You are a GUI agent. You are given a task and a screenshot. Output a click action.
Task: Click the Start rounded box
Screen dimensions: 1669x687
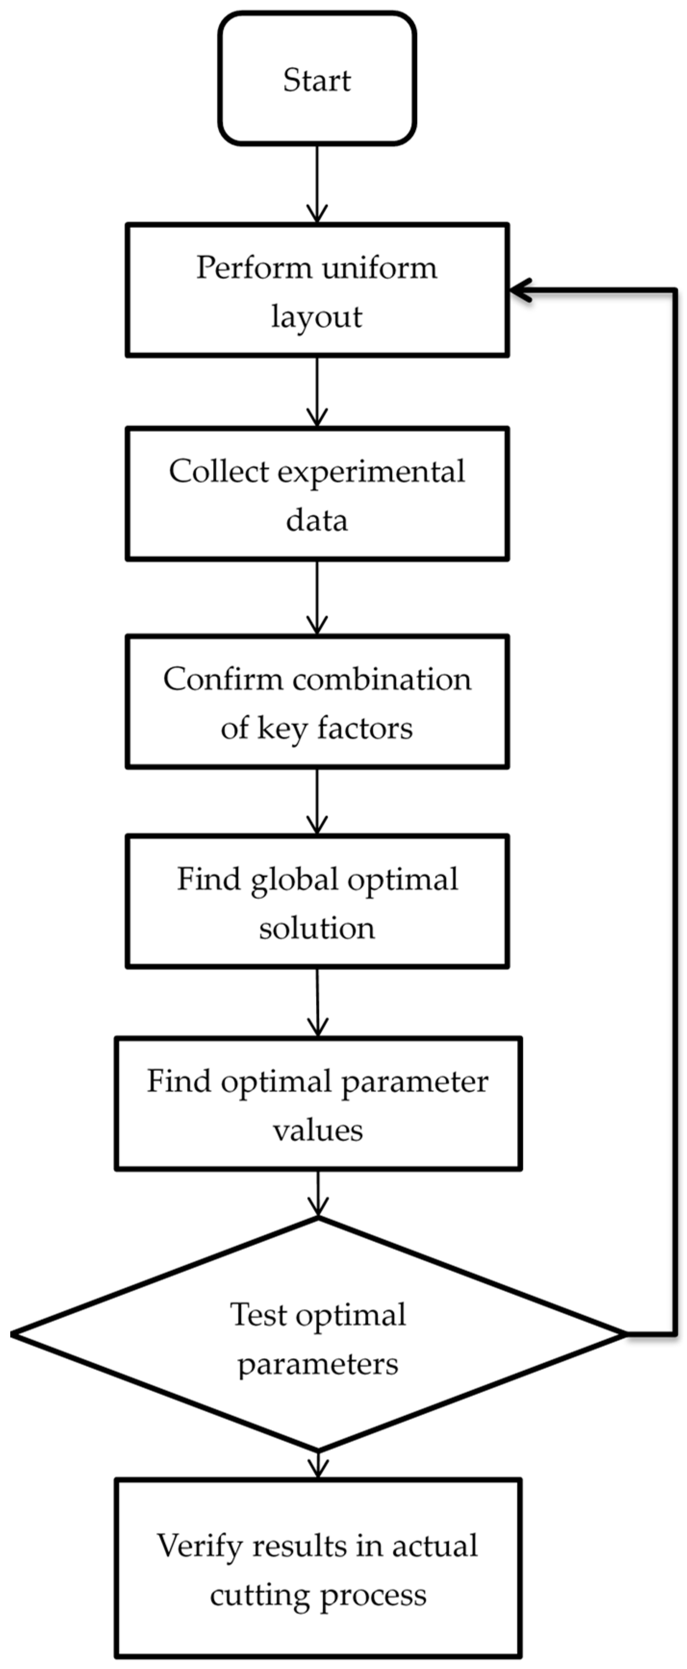pyautogui.click(x=317, y=79)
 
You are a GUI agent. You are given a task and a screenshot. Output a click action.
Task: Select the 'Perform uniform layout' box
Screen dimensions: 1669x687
pyautogui.click(x=317, y=290)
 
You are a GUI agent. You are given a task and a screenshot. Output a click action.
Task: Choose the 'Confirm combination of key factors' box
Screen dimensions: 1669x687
pyautogui.click(x=317, y=702)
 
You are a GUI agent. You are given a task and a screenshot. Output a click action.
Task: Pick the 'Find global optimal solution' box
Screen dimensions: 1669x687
pyautogui.click(x=317, y=902)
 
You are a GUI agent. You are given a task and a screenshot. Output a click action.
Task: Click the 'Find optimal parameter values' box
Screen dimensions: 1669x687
pyautogui.click(x=318, y=1104)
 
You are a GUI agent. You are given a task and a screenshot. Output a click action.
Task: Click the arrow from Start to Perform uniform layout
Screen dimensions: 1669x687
pyautogui.click(x=317, y=185)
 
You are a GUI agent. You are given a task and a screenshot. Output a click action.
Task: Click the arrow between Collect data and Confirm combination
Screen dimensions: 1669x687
pyautogui.click(x=317, y=597)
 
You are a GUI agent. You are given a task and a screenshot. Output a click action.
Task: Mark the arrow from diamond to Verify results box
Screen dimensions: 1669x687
pyautogui.click(x=318, y=1466)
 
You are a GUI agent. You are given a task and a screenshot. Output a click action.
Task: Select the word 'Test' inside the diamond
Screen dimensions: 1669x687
pyautogui.click(x=259, y=1315)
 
